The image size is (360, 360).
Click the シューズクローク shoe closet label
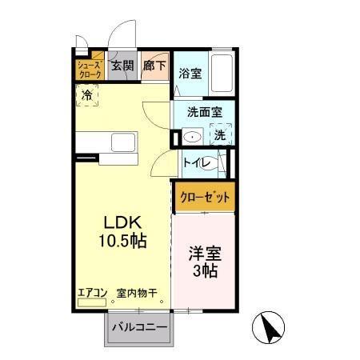click(x=89, y=69)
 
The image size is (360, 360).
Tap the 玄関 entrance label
click(x=122, y=67)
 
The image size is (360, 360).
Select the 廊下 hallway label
click(x=154, y=67)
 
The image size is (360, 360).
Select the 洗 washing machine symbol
click(x=220, y=136)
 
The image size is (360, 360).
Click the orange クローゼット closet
click(x=205, y=196)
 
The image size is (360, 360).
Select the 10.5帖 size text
click(x=122, y=240)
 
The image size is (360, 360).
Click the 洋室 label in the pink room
click(x=205, y=254)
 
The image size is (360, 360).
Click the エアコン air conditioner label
click(x=93, y=293)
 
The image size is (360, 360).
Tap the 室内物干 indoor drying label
click(x=135, y=293)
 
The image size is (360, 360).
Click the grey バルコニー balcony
click(x=138, y=327)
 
